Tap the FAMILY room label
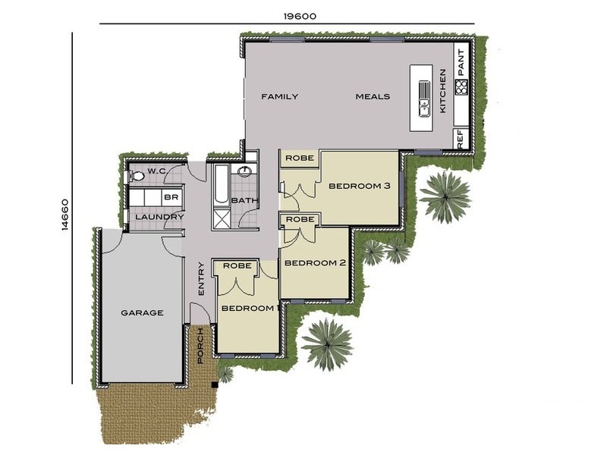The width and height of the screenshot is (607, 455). tap(279, 96)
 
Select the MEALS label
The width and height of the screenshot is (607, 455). tap(373, 96)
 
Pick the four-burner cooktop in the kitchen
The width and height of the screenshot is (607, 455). tap(461, 87)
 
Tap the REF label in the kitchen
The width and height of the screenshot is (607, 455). tap(460, 140)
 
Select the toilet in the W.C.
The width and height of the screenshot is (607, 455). tap(137, 176)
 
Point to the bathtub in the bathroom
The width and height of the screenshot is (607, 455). tap(220, 186)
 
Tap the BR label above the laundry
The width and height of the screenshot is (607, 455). tap(171, 197)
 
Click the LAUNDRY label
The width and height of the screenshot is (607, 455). tap(159, 218)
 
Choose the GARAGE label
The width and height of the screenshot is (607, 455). tap(142, 312)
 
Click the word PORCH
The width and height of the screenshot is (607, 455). tap(200, 346)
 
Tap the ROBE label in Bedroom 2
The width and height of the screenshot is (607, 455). tap(301, 219)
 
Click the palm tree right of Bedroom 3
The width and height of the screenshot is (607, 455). tap(445, 196)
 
